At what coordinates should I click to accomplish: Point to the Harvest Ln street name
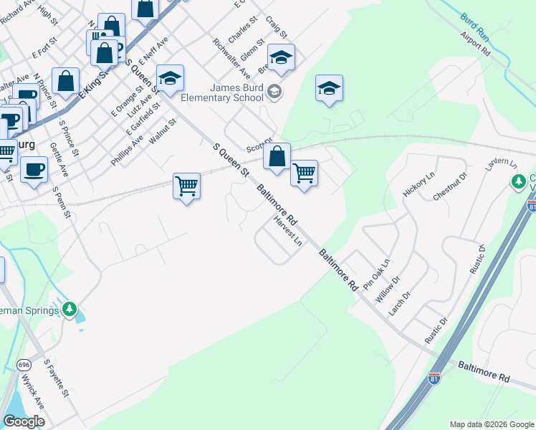pos(288,230)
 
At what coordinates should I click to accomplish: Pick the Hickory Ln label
pos(419,184)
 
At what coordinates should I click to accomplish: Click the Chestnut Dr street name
pos(450,185)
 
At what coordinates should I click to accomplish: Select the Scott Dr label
pos(259,145)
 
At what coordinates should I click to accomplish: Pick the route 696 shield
pos(25,363)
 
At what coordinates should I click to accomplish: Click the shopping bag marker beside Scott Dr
pos(277,156)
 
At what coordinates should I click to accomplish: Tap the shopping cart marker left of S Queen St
pos(186,186)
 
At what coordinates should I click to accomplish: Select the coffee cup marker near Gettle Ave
pos(34,170)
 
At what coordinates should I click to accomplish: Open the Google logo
pos(24,421)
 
